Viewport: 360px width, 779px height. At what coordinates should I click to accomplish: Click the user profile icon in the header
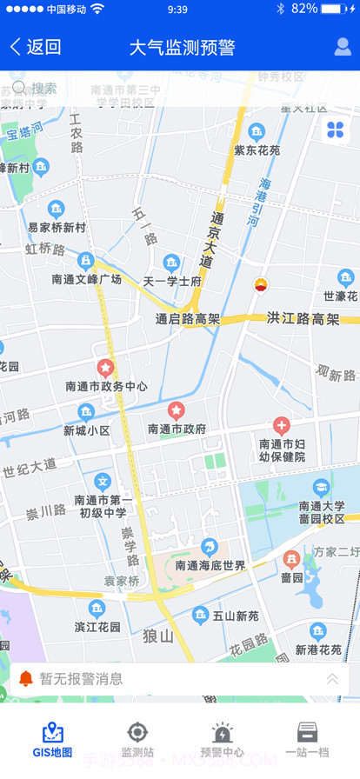pos(343,47)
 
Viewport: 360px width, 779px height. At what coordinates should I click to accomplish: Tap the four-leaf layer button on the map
pos(335,130)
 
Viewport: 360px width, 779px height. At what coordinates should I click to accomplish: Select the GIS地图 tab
pos(53,740)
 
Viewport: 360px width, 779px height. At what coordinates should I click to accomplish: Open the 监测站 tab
pos(137,740)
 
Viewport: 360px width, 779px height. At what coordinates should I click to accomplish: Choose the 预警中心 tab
pos(222,740)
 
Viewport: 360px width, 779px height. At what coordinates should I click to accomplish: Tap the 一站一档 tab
pos(307,740)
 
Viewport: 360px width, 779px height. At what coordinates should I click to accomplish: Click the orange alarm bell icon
pos(26,678)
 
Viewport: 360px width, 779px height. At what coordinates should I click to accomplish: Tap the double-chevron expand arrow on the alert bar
pos(332,679)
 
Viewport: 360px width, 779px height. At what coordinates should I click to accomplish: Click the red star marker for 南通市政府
pos(176,409)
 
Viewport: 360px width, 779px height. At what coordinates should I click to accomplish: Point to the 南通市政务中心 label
pos(106,386)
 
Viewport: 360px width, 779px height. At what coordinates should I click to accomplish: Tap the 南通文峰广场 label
pos(86,279)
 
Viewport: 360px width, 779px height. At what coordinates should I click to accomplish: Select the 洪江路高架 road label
pos(303,319)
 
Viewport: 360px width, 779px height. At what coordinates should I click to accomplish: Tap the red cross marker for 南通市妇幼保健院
pos(281,426)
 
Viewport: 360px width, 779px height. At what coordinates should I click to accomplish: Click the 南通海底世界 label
pos(210,565)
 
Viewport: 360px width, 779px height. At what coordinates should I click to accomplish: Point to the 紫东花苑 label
pos(257,150)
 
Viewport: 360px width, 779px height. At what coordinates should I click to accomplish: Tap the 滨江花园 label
pos(97,627)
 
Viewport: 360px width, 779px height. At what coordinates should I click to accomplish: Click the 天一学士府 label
pos(172,281)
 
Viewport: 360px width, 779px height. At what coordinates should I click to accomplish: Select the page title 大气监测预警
pos(182,47)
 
